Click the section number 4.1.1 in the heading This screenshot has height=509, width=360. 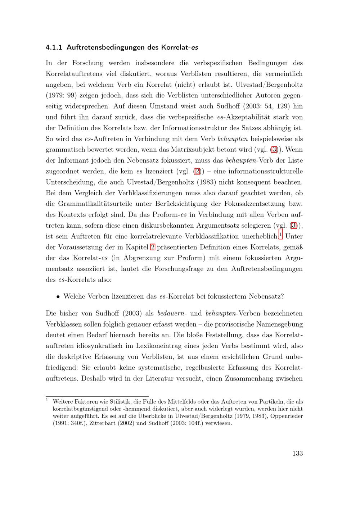point(54,47)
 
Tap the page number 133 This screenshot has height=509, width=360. point(297,453)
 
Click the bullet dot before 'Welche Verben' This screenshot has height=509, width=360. point(58,297)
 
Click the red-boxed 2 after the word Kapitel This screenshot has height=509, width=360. point(152,247)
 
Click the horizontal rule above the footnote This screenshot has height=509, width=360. point(97,396)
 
